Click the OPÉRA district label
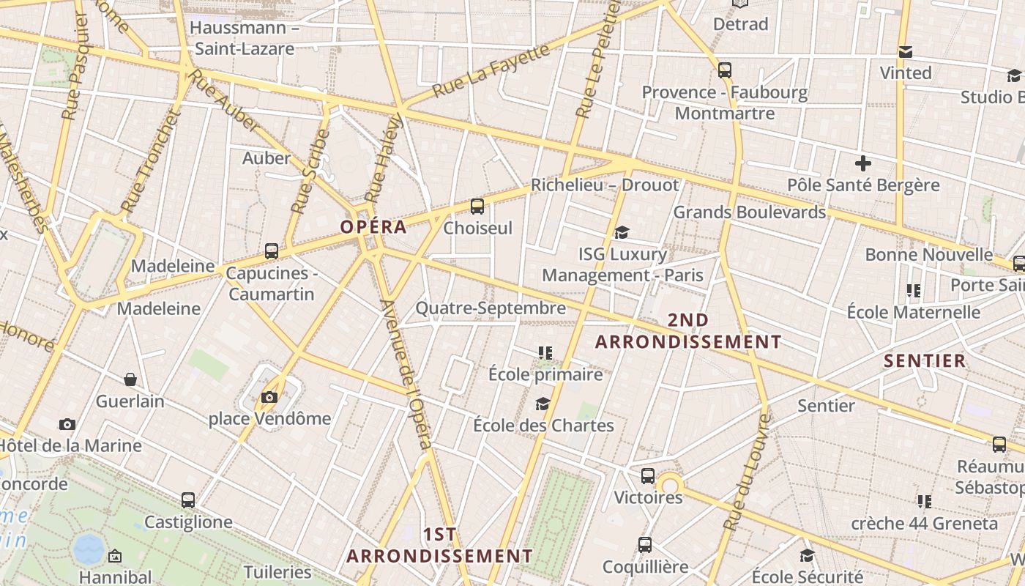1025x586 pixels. coord(373,226)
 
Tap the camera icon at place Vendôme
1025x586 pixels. coord(269,397)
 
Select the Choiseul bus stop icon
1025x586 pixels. coord(477,207)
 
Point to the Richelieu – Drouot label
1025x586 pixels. coord(605,185)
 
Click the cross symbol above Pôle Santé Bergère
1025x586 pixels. coord(863,163)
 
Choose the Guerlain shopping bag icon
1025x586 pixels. coord(130,379)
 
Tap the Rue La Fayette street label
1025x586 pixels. coord(491,72)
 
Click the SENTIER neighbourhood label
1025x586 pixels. coord(925,360)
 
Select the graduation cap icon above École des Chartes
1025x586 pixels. coord(543,404)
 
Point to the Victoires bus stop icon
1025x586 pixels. coord(648,476)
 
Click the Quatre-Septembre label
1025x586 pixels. coord(491,308)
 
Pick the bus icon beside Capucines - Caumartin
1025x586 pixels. coord(272,251)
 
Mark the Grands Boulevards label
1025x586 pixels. coord(749,212)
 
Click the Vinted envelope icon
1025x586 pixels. coord(906,52)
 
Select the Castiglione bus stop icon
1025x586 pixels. coord(188,500)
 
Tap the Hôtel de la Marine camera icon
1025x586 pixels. coord(67,424)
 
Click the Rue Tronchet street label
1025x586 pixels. coord(150,161)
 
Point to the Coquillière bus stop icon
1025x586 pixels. coord(645,545)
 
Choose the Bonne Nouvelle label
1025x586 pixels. coord(928,255)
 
